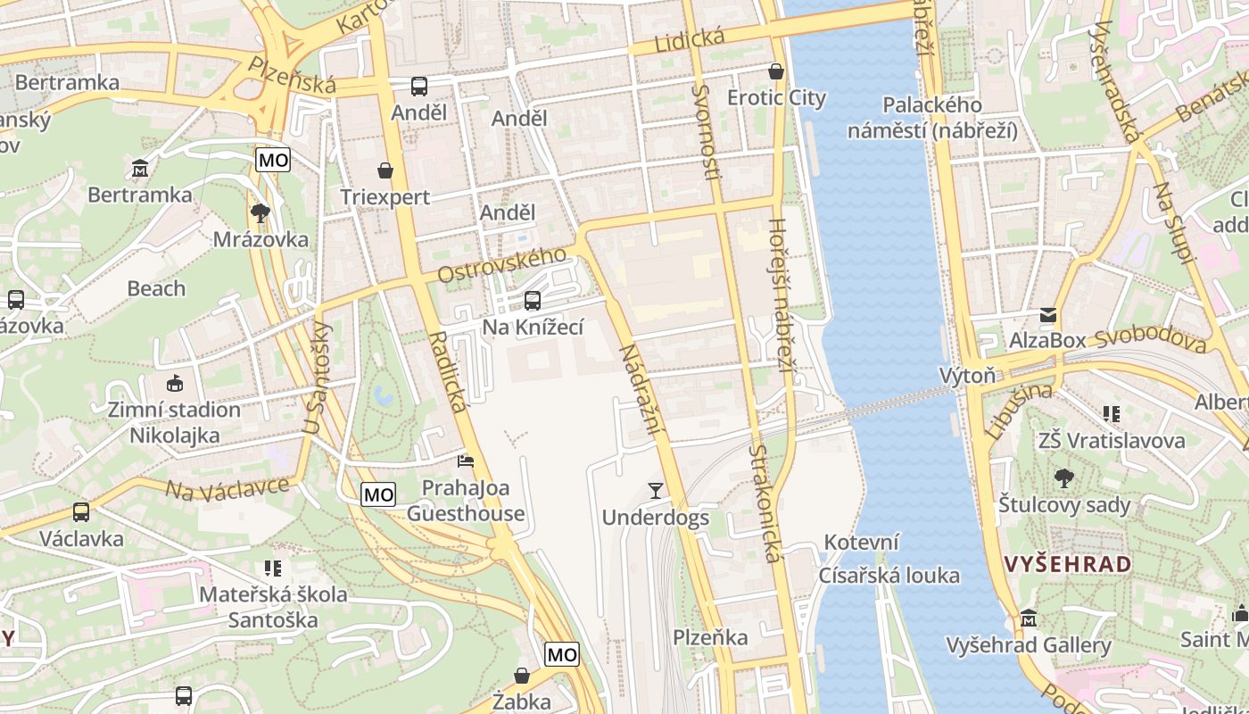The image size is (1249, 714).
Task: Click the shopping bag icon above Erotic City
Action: click(x=776, y=71)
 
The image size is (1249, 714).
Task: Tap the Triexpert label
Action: click(x=385, y=197)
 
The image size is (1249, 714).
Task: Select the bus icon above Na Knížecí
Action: click(x=533, y=301)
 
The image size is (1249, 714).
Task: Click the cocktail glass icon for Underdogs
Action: click(x=656, y=490)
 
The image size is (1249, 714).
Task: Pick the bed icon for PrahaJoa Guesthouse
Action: click(x=466, y=461)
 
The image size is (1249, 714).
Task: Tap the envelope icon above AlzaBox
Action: click(x=1047, y=314)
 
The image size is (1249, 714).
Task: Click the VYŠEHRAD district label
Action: click(x=1067, y=564)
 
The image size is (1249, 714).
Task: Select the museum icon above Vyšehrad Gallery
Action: click(x=1029, y=619)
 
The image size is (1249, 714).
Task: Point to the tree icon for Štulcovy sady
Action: click(x=1063, y=478)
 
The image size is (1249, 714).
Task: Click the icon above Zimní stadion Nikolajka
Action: click(x=174, y=384)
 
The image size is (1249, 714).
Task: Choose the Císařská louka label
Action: click(x=889, y=575)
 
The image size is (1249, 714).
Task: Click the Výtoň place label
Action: click(x=967, y=375)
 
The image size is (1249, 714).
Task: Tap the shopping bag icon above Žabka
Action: click(x=522, y=676)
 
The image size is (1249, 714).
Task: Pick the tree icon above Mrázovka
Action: click(x=261, y=212)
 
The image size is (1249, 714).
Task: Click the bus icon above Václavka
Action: click(x=81, y=512)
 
